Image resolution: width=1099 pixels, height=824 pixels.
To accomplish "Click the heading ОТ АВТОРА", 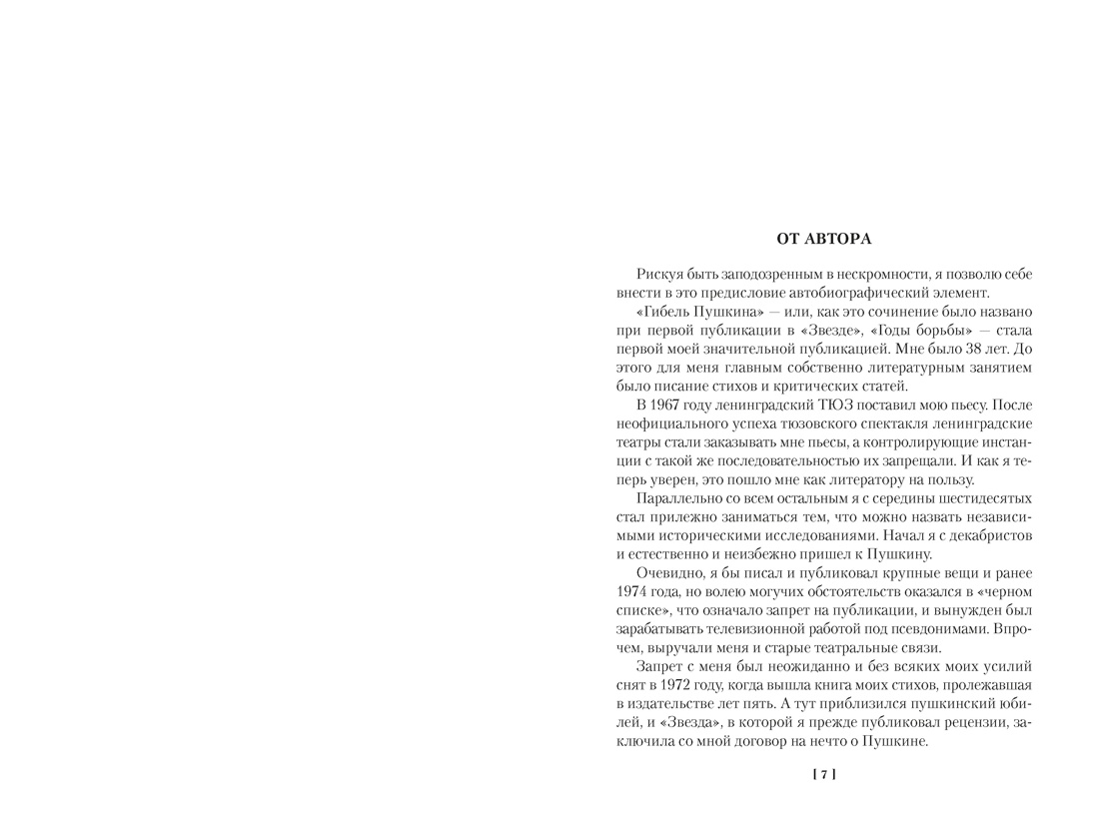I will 823,239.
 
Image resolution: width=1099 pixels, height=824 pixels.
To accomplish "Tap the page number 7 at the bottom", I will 824,774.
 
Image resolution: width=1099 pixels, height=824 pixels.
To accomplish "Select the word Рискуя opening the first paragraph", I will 660,274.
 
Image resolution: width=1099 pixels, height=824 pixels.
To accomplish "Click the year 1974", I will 634,591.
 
